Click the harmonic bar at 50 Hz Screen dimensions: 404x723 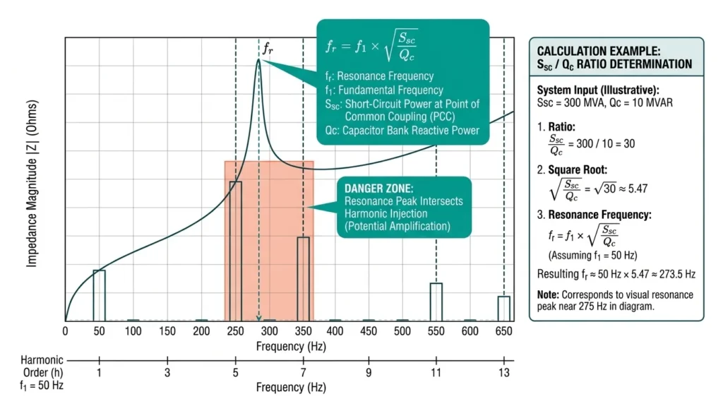coord(99,295)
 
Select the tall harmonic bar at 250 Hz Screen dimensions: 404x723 coord(235,251)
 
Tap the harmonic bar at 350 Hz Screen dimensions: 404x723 coord(303,278)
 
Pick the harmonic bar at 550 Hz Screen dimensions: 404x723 coord(436,302)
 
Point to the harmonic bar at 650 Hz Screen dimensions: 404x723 coord(503,308)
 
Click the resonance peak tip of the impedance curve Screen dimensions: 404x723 coord(258,61)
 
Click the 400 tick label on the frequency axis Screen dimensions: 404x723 coord(335,331)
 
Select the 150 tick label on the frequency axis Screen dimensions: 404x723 coord(167,331)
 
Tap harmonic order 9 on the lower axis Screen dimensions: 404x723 coord(369,372)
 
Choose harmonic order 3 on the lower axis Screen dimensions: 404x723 coord(167,372)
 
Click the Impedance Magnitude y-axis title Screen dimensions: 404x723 coord(32,183)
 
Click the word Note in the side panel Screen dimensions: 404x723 coord(548,295)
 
